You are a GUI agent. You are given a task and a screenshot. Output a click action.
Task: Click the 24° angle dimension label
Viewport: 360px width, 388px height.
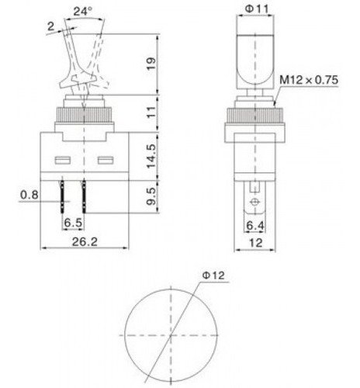click(x=82, y=11)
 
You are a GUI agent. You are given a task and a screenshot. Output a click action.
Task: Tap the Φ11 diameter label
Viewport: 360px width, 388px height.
click(x=257, y=9)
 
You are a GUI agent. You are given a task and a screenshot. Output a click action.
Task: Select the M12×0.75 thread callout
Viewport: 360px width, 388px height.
click(x=309, y=80)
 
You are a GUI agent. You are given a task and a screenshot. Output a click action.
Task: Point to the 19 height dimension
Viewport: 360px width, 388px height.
click(x=151, y=64)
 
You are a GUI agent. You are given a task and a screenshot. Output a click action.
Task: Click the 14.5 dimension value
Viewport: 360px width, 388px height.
click(x=151, y=156)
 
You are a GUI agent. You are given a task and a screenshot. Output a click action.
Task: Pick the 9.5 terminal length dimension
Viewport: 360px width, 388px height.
click(x=151, y=196)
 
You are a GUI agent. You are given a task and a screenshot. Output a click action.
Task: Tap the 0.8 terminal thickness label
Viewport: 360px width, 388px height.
click(x=29, y=195)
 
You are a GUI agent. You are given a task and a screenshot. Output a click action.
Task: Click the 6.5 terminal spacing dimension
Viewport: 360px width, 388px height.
click(x=73, y=223)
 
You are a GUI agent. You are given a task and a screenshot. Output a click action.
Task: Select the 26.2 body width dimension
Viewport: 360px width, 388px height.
click(x=85, y=242)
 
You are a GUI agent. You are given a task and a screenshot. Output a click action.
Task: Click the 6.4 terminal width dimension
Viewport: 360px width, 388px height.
click(x=255, y=226)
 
